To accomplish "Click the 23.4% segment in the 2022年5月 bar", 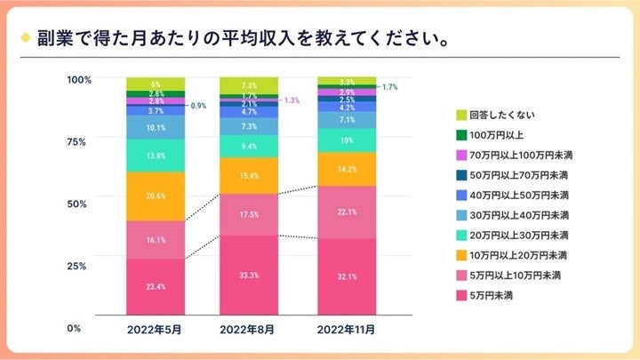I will pos(156,286).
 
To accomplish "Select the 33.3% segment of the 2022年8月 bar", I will pos(250,275).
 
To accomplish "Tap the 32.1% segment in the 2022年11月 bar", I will pos(347,276).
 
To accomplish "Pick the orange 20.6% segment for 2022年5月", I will pos(156,196).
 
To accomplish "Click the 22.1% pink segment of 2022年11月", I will pos(347,212).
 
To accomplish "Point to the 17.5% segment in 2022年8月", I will pos(250,214).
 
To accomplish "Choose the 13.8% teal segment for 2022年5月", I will pos(156,156).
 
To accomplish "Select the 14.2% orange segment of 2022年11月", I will pos(347,169).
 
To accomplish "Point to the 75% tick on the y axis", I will pos(79,141).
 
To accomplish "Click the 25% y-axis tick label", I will pos(79,266).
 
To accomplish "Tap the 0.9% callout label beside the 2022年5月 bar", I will pos(199,105).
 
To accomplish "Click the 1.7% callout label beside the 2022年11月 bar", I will pos(389,87).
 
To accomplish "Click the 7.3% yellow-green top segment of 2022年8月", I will pos(250,85).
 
